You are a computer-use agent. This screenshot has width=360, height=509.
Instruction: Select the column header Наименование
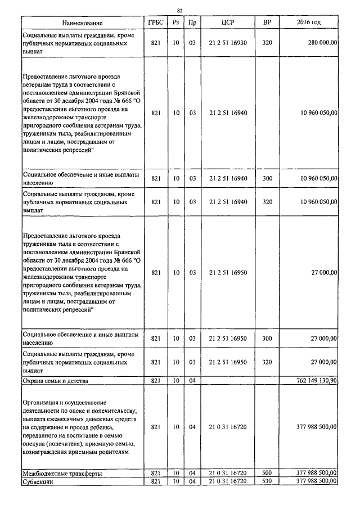pyautogui.click(x=83, y=23)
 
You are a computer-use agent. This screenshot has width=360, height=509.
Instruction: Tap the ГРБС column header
pyautogui.click(x=156, y=23)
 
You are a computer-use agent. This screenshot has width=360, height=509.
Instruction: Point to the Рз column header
pyautogui.click(x=176, y=23)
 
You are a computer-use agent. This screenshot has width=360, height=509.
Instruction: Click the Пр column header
pyautogui.click(x=192, y=23)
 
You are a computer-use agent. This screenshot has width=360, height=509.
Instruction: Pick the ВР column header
pyautogui.click(x=267, y=23)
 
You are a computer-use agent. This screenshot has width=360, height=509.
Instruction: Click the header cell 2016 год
pyautogui.click(x=309, y=23)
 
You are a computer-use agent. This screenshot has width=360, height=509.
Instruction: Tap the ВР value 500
pyautogui.click(x=267, y=474)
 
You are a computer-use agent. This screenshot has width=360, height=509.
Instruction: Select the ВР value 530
pyautogui.click(x=267, y=481)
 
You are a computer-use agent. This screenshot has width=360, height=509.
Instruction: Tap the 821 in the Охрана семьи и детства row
pyautogui.click(x=156, y=381)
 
